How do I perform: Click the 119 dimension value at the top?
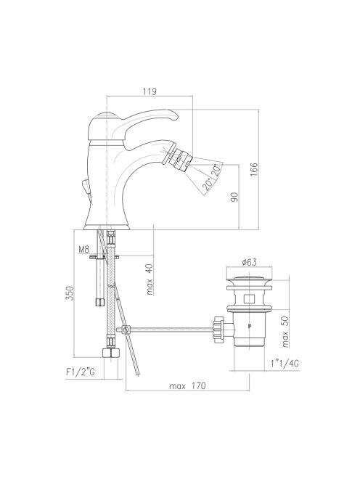[x=150, y=91]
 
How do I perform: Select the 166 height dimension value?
[x=254, y=169]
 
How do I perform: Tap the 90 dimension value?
[x=234, y=197]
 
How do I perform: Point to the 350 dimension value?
[x=70, y=293]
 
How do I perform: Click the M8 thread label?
[x=83, y=249]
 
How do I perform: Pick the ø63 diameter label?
[x=249, y=262]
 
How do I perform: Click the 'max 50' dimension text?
[x=285, y=332]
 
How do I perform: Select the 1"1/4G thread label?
[x=285, y=364]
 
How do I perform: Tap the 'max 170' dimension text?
[x=187, y=385]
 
